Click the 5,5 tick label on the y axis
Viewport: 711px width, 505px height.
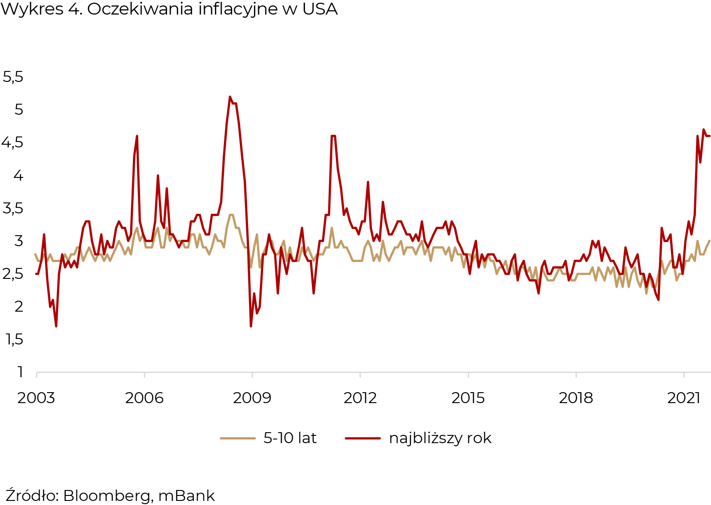coord(13,77)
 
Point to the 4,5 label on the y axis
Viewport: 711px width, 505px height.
coord(13,143)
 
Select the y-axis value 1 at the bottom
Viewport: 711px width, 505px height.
coord(20,372)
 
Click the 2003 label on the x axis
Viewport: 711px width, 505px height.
coord(36,398)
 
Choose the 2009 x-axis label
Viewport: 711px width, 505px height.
coord(252,398)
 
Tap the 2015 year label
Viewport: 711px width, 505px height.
coord(468,398)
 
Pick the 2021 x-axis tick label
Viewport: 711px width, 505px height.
coord(683,398)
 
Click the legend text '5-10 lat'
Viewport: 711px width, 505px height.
coord(290,438)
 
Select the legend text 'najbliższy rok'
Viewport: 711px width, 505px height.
coord(440,438)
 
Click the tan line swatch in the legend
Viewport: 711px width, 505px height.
coord(238,439)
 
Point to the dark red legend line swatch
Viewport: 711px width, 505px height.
coord(363,439)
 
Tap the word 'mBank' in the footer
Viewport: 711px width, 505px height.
coord(186,495)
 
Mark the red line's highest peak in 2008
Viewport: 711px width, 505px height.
coord(230,97)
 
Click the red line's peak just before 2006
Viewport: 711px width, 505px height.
coord(137,136)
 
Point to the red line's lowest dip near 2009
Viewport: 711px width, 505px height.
coord(251,326)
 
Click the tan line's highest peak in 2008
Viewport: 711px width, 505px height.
coord(231,215)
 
